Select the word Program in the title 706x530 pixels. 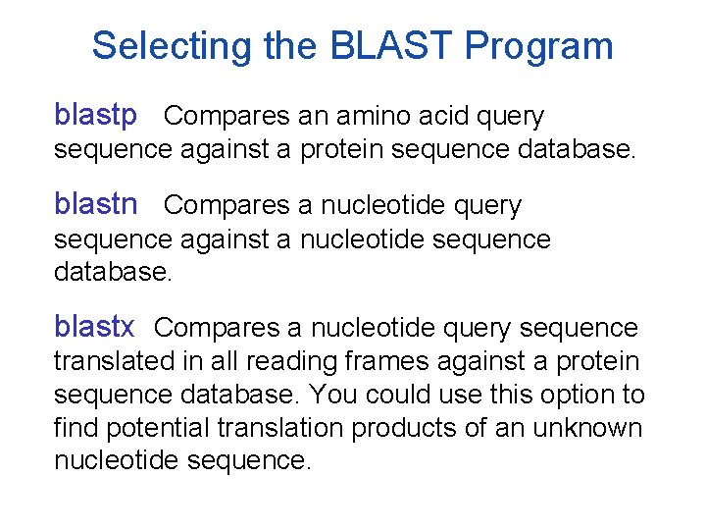pos(539,46)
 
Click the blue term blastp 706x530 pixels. pos(96,117)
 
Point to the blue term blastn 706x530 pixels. pos(96,205)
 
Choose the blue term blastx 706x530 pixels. pos(94,327)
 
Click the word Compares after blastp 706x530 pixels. pos(227,117)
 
